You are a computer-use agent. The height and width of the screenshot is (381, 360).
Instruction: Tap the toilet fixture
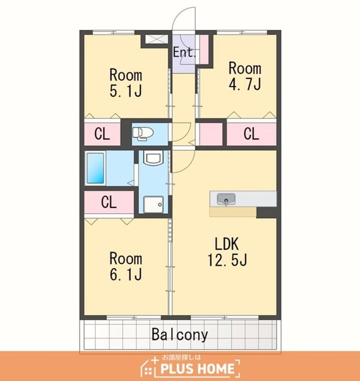click(143, 134)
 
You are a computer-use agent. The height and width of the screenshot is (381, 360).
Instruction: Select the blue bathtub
click(95, 168)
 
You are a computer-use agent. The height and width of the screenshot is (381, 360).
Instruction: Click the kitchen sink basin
click(226, 199)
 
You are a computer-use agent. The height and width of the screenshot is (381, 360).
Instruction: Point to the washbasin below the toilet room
click(153, 157)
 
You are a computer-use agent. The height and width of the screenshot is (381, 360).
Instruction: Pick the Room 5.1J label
click(125, 83)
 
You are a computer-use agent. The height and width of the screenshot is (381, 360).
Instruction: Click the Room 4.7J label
click(245, 76)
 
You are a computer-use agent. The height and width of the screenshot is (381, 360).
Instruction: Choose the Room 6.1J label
click(125, 266)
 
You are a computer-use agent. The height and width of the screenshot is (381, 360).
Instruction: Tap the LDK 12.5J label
click(227, 252)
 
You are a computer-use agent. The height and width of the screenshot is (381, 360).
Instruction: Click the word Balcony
click(179, 334)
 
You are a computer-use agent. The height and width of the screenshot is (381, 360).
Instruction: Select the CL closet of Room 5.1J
click(102, 134)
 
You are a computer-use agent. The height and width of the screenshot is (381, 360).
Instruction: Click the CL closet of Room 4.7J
click(251, 134)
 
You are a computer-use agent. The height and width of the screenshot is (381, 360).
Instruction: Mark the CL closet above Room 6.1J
click(109, 202)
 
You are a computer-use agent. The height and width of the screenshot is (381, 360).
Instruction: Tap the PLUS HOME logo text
click(197, 369)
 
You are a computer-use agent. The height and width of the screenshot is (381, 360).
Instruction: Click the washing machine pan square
click(154, 204)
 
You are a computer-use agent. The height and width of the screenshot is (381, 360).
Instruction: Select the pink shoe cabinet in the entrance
click(204, 50)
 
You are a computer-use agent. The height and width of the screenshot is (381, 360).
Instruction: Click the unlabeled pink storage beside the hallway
click(211, 134)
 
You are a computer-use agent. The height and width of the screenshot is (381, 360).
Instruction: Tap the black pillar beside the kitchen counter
click(267, 213)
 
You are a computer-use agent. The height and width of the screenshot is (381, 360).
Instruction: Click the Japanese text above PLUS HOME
click(182, 357)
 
